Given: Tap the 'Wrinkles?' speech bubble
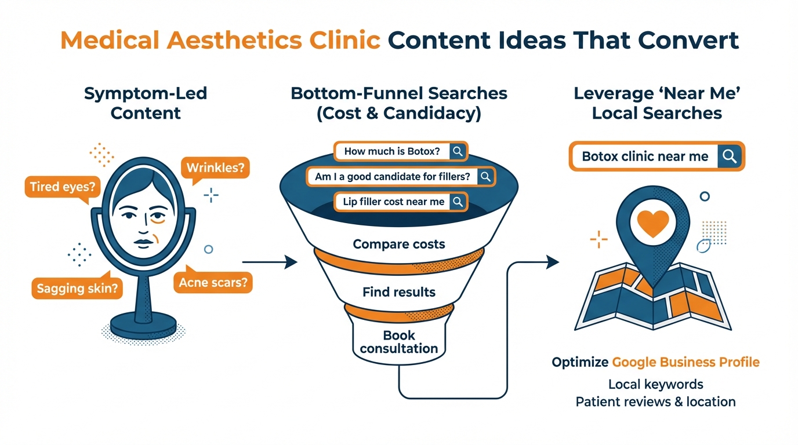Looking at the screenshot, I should [x=215, y=169].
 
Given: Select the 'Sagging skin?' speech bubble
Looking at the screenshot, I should [x=77, y=288].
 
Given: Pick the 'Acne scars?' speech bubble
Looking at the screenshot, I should [x=213, y=283].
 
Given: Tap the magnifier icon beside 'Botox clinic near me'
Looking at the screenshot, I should [x=730, y=156].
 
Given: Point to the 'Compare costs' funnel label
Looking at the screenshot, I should [x=399, y=244].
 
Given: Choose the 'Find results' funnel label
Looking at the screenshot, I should [x=399, y=291].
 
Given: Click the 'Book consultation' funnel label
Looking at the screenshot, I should [x=399, y=342].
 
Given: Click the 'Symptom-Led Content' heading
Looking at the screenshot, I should [x=146, y=103].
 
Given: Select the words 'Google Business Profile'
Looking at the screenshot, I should [x=685, y=363].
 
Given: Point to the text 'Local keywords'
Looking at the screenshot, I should [x=655, y=384].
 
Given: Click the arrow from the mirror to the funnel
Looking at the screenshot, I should [x=269, y=262].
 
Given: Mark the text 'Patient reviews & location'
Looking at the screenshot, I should [x=655, y=402].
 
